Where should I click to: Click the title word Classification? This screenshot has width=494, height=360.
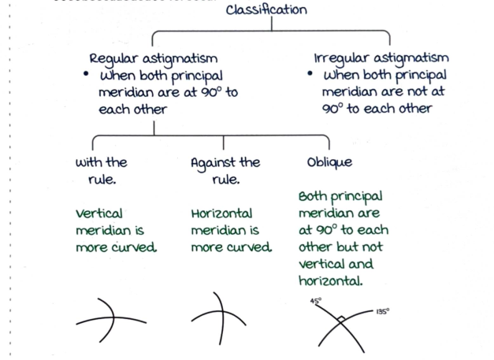click(266, 9)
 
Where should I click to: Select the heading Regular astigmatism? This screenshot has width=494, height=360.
click(153, 59)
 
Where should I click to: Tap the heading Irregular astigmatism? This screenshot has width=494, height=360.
click(381, 58)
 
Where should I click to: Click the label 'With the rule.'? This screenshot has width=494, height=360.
click(101, 171)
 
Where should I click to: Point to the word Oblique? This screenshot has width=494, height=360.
click(329, 162)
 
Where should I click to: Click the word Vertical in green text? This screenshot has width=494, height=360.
click(98, 213)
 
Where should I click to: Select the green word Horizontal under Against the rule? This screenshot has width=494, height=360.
click(221, 213)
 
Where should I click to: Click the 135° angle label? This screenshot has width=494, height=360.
click(381, 311)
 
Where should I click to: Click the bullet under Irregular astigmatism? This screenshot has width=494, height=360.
click(311, 76)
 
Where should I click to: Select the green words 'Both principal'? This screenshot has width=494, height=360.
click(340, 196)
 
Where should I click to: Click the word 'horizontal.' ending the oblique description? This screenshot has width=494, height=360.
click(330, 281)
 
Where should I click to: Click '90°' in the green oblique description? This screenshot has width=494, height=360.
click(322, 230)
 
